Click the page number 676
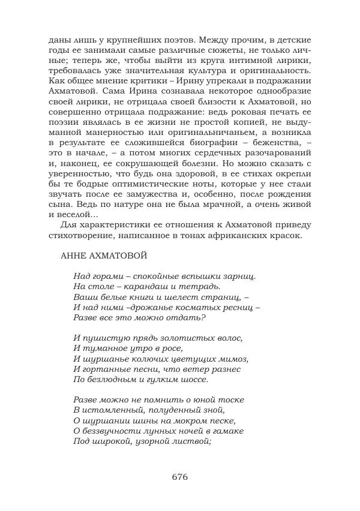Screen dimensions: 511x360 [180, 477]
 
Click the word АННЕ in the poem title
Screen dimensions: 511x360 [75, 256]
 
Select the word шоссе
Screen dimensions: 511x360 [193, 380]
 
